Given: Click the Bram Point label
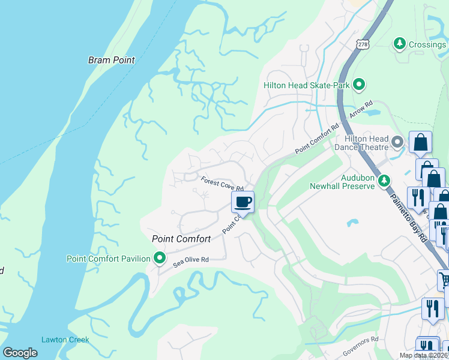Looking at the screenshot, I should click(111, 60).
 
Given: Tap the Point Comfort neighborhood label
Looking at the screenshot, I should click(181, 239).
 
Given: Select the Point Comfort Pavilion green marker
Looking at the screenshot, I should click(160, 259).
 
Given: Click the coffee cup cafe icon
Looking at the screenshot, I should click(243, 202).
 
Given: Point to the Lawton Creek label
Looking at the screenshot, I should click(65, 340).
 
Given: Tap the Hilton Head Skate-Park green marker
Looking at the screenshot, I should click(359, 85).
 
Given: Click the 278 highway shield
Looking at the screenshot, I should click(362, 44).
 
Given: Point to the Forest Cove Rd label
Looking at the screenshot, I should click(221, 183).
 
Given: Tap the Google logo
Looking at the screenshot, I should click(20, 353).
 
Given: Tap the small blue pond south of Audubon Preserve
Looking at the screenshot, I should click(352, 224).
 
